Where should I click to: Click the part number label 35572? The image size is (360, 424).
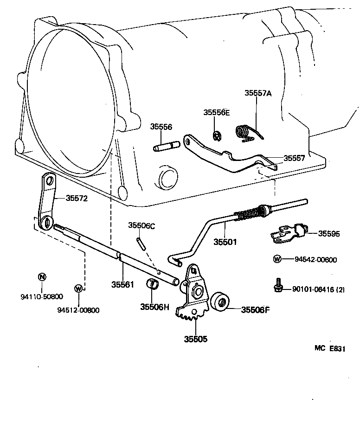point(76,198)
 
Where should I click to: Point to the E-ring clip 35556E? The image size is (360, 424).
point(217,135)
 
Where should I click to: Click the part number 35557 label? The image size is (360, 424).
point(294,158)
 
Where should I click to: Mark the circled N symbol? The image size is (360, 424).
point(41,277)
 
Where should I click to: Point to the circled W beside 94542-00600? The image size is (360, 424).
point(277,259)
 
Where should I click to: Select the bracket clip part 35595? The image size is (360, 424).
point(287,233)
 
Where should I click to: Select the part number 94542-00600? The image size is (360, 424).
point(315,260)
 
